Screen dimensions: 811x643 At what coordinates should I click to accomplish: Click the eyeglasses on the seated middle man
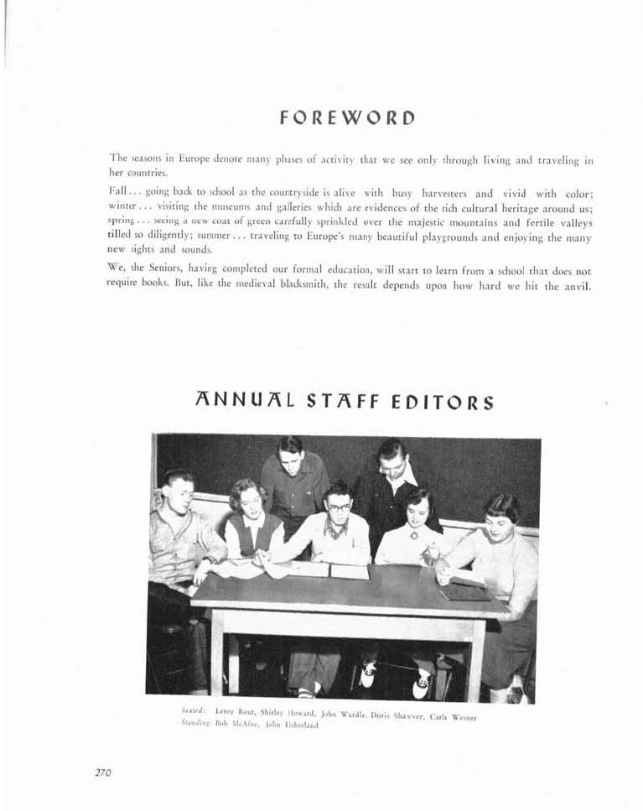339,507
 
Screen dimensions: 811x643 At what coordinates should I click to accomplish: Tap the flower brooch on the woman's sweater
412,534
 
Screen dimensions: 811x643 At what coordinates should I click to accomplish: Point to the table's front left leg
217,649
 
